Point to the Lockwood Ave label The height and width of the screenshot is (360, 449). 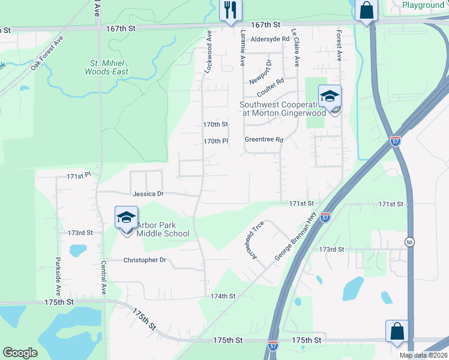pos(209,52)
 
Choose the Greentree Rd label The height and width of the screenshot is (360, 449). pos(264,139)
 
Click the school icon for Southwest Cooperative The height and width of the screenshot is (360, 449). pos(329,96)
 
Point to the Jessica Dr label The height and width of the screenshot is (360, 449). pos(148,194)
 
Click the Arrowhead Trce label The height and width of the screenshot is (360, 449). pos(255,241)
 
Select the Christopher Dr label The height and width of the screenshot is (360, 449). pos(144,260)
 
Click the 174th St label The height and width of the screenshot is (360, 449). pos(223,296)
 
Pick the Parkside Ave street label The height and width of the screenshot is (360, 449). pos(58,277)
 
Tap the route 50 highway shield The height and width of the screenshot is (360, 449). pos(409,242)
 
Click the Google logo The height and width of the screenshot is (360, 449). pos(20,353)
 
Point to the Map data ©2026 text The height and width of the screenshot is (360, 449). pos(423,355)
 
